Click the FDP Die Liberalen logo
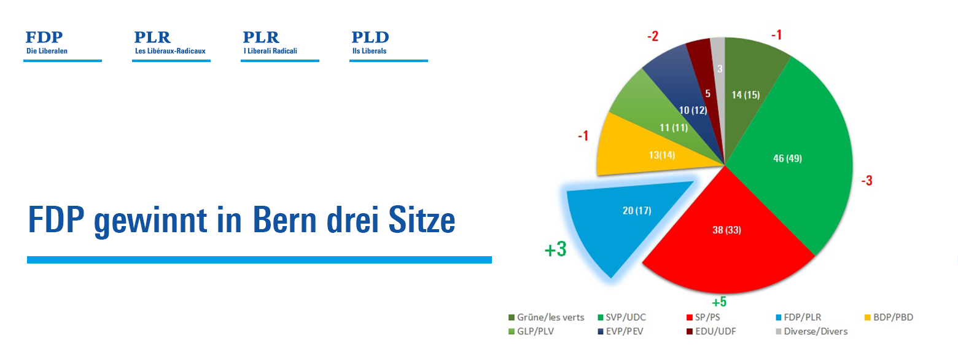61,44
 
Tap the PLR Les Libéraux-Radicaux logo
170,44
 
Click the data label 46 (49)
787,158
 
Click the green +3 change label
555,250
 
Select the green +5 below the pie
719,302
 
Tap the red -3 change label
866,181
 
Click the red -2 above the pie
653,36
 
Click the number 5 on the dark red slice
708,94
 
